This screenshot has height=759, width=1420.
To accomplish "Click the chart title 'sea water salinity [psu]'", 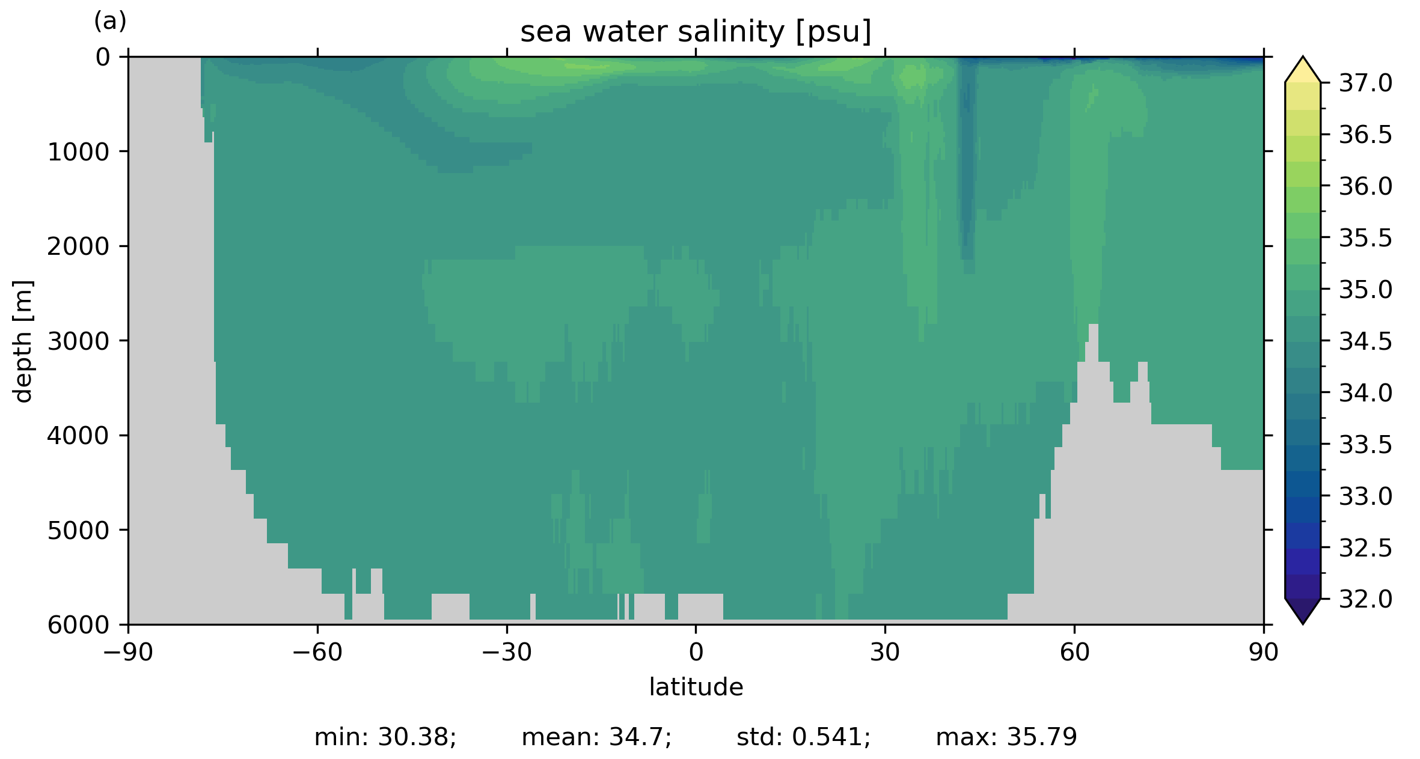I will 696,32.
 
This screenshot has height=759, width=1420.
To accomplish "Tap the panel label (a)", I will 110,22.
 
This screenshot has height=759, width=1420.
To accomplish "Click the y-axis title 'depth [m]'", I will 23,341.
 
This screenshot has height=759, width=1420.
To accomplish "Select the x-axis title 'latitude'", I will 696,687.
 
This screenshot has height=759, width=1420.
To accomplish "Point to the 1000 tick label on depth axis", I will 78,153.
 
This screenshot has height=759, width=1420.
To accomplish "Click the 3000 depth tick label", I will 78,341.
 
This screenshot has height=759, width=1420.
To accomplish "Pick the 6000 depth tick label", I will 78,625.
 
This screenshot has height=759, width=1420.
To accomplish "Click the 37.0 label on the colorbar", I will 1365,84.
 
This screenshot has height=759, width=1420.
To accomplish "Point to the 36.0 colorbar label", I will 1365,186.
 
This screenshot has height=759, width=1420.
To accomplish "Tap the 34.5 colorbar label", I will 1365,341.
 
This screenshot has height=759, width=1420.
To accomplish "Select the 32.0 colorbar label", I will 1365,599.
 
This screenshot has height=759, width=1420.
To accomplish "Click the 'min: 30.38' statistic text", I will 385,737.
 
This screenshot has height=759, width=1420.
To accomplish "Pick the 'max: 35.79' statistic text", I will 1006,737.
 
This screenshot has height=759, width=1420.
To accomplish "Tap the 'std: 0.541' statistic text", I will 803,737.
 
